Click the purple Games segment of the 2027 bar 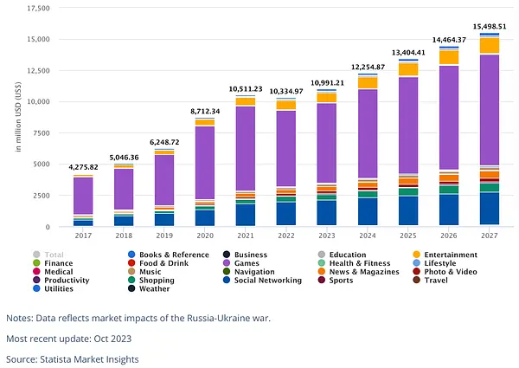490,110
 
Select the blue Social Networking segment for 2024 368,211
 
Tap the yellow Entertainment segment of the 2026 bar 449,57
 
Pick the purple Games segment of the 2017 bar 83,196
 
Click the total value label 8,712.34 205,112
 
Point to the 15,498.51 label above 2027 490,27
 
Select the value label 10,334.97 286,91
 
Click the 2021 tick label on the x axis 246,236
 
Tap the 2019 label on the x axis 164,236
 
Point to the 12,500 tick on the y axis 38,70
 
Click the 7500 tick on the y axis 42,132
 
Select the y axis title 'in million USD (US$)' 18,117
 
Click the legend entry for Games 241,263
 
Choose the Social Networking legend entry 262,281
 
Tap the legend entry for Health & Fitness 354,263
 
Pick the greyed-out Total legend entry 48,255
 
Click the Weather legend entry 149,289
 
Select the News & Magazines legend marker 322,272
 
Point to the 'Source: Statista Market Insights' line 73,359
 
